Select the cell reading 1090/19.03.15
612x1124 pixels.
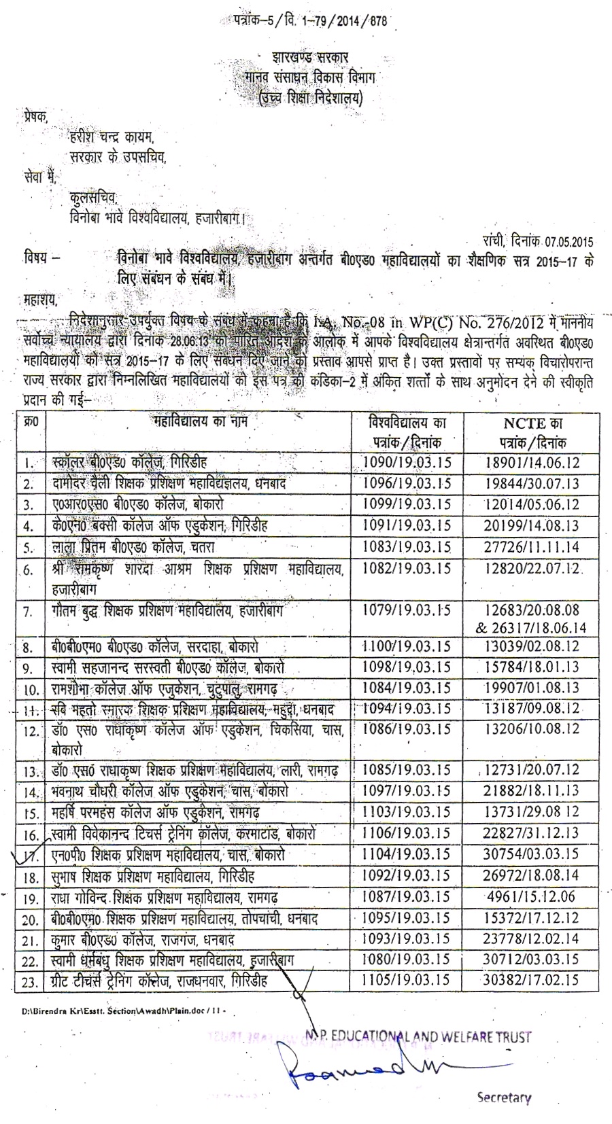coord(407,463)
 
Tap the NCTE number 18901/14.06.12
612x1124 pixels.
coord(532,463)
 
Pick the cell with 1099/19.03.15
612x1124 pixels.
coord(407,504)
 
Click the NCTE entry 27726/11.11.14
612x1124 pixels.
coord(532,546)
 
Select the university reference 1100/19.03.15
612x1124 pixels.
coord(407,646)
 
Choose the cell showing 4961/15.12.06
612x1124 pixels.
coord(532,897)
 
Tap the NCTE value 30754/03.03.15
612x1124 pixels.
coord(532,854)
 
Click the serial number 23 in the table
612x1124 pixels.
coord(29,981)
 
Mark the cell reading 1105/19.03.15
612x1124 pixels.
coord(407,980)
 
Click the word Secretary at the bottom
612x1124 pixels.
coord(504,1097)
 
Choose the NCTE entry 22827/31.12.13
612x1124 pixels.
coord(532,833)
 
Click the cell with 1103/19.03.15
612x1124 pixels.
coord(407,812)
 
